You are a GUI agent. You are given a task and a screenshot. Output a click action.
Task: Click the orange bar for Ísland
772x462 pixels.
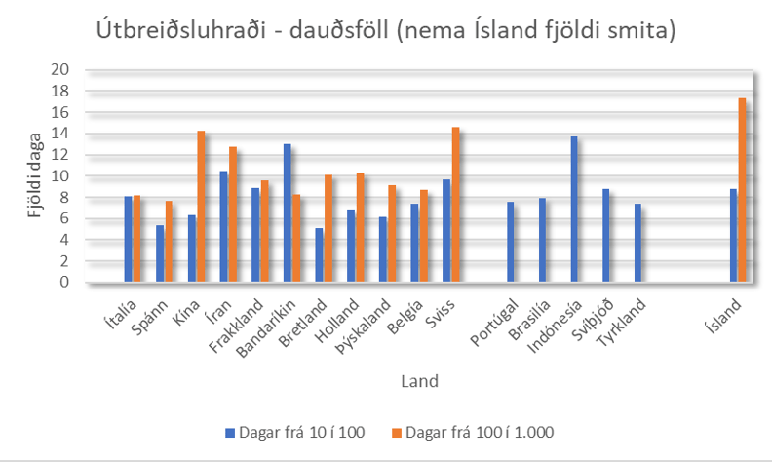743,190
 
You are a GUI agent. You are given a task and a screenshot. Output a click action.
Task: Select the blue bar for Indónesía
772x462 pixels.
574,210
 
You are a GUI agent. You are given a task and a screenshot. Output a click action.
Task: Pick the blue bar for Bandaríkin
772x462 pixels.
287,213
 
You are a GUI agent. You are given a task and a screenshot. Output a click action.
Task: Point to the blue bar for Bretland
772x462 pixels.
319,255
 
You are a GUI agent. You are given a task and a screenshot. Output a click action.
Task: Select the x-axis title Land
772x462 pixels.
420,380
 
